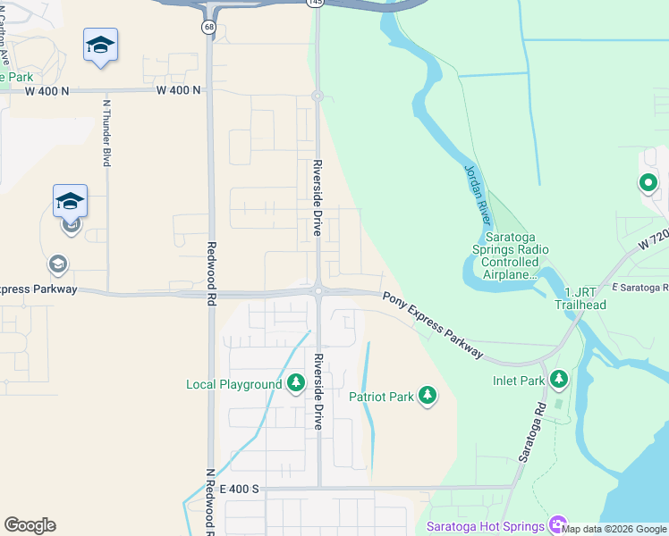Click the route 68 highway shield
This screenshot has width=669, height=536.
[x=208, y=27]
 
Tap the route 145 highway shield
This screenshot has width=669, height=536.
[x=314, y=3]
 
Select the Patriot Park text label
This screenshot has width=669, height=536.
[x=381, y=397]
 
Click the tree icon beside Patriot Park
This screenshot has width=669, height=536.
[x=428, y=396]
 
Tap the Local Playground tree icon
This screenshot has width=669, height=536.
[x=296, y=384]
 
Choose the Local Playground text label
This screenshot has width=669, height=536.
[x=233, y=385]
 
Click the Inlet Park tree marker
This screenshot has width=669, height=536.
[x=559, y=380]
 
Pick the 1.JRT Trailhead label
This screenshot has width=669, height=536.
[x=585, y=298]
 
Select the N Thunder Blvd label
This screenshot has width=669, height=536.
[x=106, y=132]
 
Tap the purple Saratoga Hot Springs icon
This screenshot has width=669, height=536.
[x=558, y=524]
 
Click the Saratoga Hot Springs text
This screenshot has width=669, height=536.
[x=485, y=526]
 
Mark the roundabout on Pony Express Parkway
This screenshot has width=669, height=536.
[x=318, y=289]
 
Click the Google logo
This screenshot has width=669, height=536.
[x=30, y=525]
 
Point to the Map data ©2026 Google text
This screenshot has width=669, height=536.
[x=614, y=529]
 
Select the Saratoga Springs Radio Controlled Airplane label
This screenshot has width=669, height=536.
[x=516, y=256]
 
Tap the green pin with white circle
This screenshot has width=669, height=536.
[x=648, y=185]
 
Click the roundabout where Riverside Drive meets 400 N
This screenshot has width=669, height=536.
[x=317, y=96]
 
